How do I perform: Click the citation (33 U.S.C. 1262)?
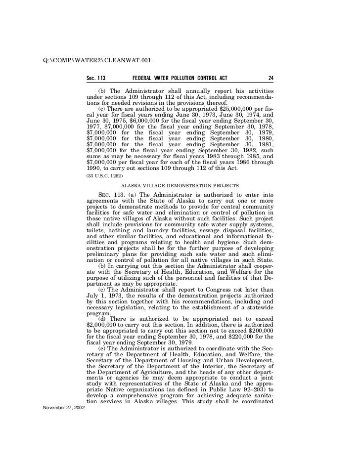pyautogui.click(x=104, y=175)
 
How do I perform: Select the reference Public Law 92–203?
pyautogui.click(x=237, y=394)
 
